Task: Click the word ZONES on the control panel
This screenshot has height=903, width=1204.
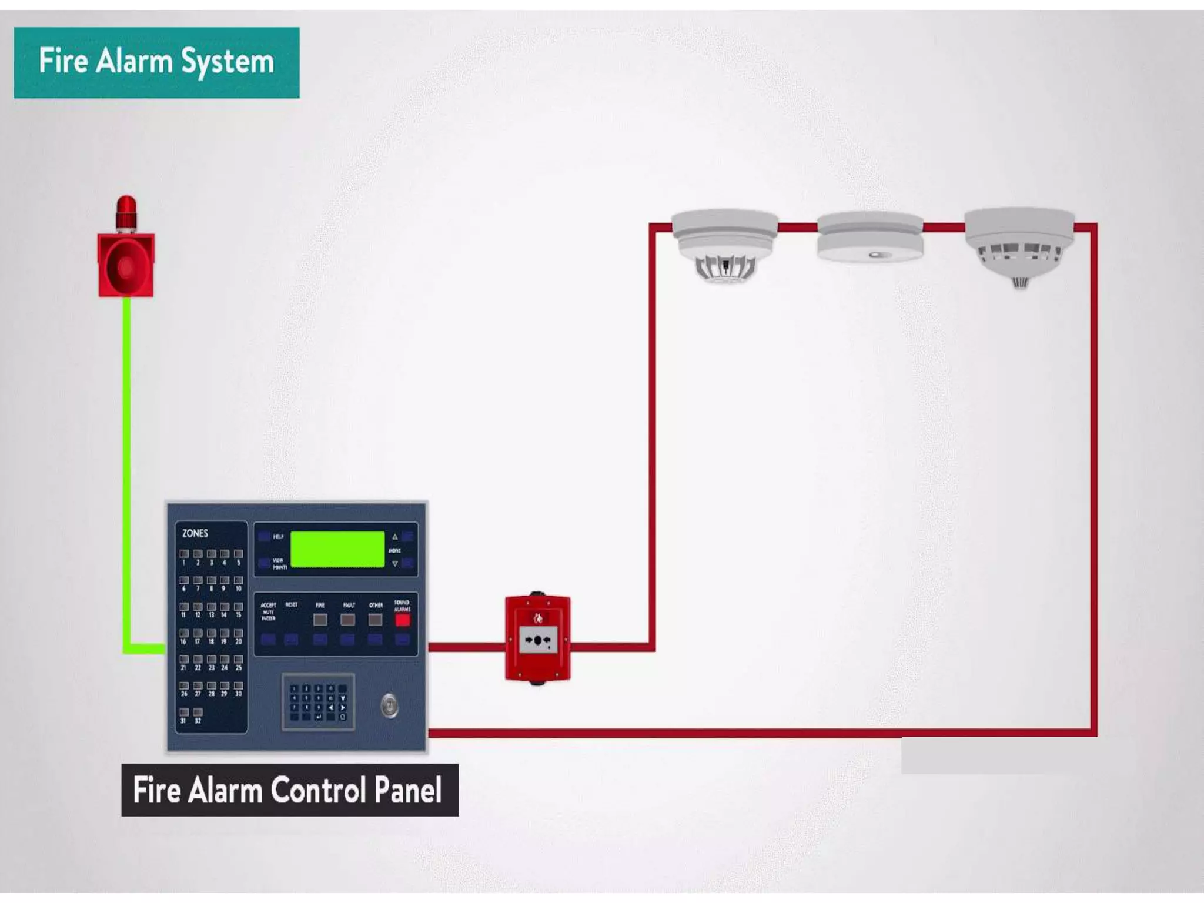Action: click(x=195, y=533)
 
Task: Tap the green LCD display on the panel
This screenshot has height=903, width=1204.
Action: click(x=337, y=550)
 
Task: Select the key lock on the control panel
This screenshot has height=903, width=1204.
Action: click(x=389, y=705)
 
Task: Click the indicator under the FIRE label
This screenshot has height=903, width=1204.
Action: click(x=320, y=620)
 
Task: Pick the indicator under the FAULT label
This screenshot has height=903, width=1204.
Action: click(x=347, y=620)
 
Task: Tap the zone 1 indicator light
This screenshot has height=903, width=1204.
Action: click(x=184, y=554)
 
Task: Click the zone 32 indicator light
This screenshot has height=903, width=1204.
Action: click(x=198, y=713)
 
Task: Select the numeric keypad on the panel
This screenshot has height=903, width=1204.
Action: click(x=318, y=702)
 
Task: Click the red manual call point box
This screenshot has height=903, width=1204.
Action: click(x=537, y=638)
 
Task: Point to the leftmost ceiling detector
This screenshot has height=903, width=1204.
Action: click(x=724, y=244)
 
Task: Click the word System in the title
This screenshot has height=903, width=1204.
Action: click(x=227, y=62)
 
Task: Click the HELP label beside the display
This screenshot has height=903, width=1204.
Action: click(x=278, y=537)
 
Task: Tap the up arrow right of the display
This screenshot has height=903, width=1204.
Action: click(x=395, y=537)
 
